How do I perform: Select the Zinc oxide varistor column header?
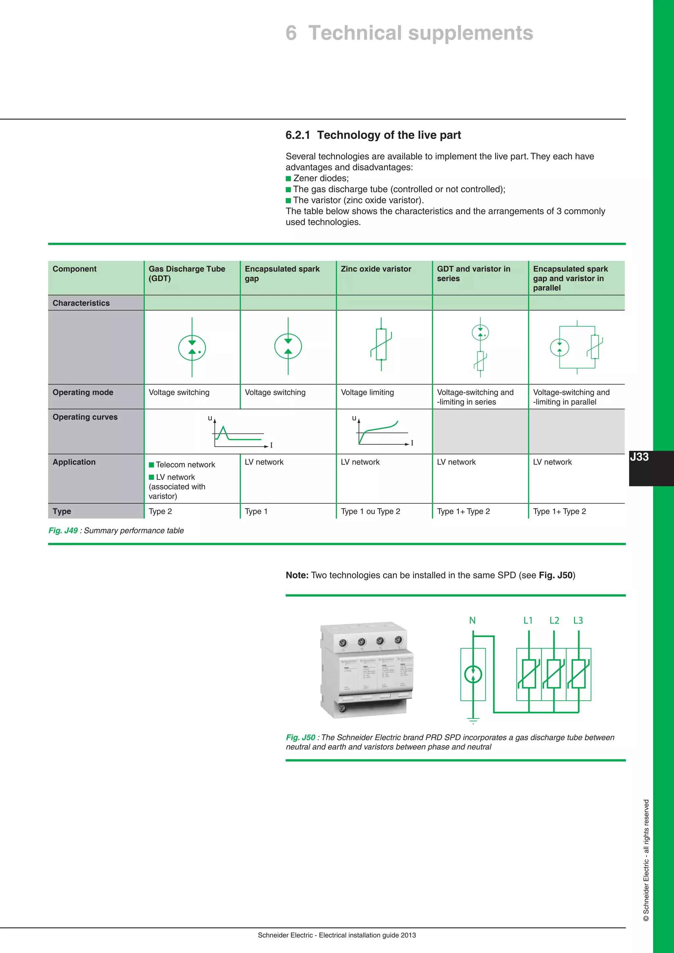click(x=376, y=269)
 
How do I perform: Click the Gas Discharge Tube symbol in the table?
click(x=192, y=348)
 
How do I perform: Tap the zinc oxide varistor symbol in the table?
click(x=381, y=344)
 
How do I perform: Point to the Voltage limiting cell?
click(x=367, y=392)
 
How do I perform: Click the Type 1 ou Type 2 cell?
click(x=370, y=511)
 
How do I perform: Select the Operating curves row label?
click(x=85, y=417)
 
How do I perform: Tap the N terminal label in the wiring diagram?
click(x=472, y=621)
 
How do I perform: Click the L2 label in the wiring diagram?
click(x=554, y=621)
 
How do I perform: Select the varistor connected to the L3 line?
click(x=579, y=674)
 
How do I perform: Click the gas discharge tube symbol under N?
click(x=473, y=674)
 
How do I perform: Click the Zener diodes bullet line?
click(x=321, y=178)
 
